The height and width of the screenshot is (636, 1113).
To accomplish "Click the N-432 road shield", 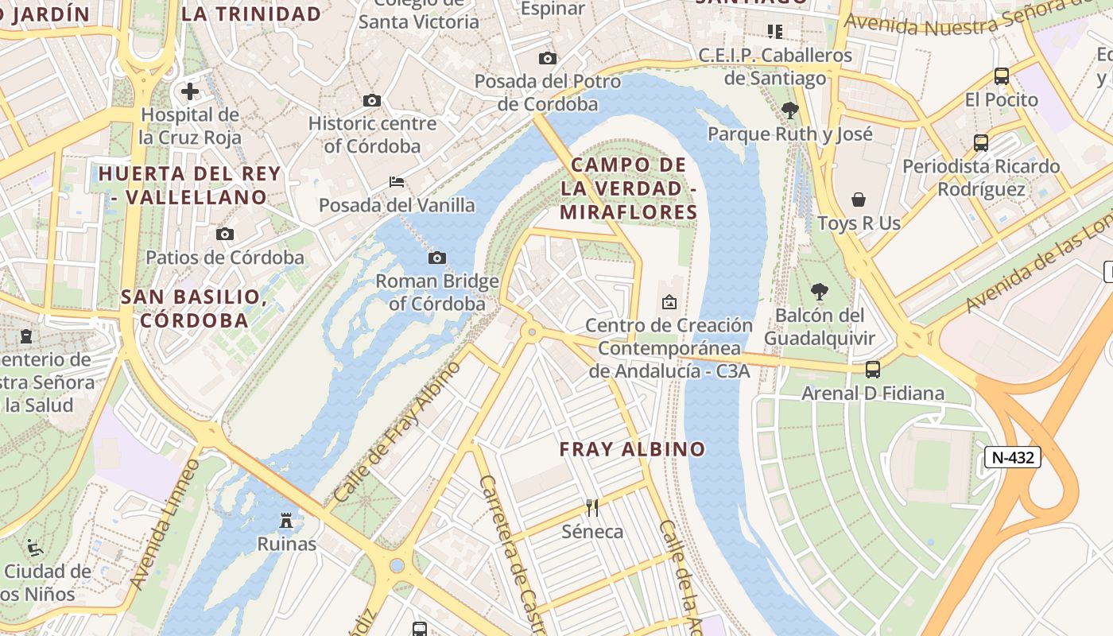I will coord(1012,457).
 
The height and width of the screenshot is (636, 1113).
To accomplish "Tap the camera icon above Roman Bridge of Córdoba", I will coord(436,258).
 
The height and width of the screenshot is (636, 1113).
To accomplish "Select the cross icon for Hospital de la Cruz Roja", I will coord(190,91).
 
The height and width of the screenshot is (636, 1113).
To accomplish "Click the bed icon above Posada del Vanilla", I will coord(397,182).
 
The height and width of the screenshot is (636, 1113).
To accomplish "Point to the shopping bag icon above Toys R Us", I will coord(859,200).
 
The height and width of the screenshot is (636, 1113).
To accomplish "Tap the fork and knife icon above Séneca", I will coord(592,507).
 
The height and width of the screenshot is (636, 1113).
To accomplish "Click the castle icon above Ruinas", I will coord(286,521).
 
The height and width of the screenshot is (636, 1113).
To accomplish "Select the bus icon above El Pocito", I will coord(1002,76).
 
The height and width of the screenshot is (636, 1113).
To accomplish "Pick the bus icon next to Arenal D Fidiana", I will coord(873,369).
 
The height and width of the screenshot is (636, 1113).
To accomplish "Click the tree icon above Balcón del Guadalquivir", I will coord(819,292).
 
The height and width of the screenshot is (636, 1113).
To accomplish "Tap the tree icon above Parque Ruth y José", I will coord(789,110).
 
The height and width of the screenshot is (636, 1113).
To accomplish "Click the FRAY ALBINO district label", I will coord(632,449).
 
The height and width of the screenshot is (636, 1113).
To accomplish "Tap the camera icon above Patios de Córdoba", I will coord(225,234).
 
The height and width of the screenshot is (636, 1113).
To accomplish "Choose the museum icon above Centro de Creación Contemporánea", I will coord(669,302).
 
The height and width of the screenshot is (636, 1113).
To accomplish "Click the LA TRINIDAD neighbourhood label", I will coord(251,14).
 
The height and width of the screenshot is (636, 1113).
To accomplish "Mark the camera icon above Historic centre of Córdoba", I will coord(371,100).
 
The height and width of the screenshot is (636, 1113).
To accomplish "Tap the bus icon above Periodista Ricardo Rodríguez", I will coord(981,143).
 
